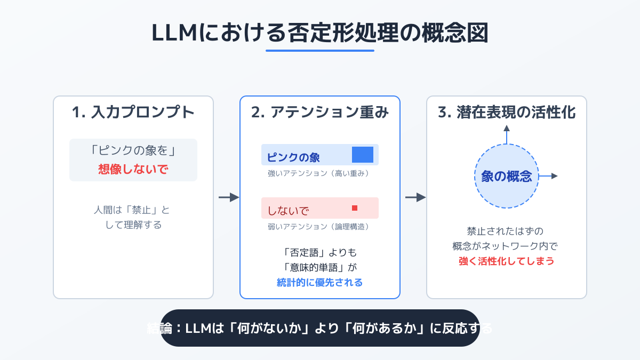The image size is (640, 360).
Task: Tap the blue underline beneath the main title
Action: click(x=320, y=51)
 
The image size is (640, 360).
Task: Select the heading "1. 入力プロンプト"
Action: click(x=133, y=113)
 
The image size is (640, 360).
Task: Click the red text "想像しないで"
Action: click(x=133, y=170)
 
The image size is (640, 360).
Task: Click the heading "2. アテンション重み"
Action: click(x=320, y=113)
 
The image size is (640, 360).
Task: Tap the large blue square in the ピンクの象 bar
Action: click(x=363, y=154)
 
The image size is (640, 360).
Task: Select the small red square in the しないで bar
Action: click(x=355, y=207)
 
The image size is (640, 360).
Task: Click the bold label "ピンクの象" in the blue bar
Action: click(x=293, y=157)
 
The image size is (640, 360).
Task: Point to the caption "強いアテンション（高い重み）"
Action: click(x=318, y=173)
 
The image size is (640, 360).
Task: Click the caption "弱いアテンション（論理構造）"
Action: click(x=318, y=227)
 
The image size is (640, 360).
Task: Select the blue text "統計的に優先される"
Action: click(x=320, y=283)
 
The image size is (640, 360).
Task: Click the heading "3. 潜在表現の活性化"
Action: click(x=507, y=113)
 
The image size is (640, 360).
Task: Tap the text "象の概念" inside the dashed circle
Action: click(x=507, y=177)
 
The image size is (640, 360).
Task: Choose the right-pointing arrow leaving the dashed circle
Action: click(x=549, y=176)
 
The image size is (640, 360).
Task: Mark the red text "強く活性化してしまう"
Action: click(x=507, y=261)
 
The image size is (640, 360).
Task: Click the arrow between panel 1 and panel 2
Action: click(x=229, y=197)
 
